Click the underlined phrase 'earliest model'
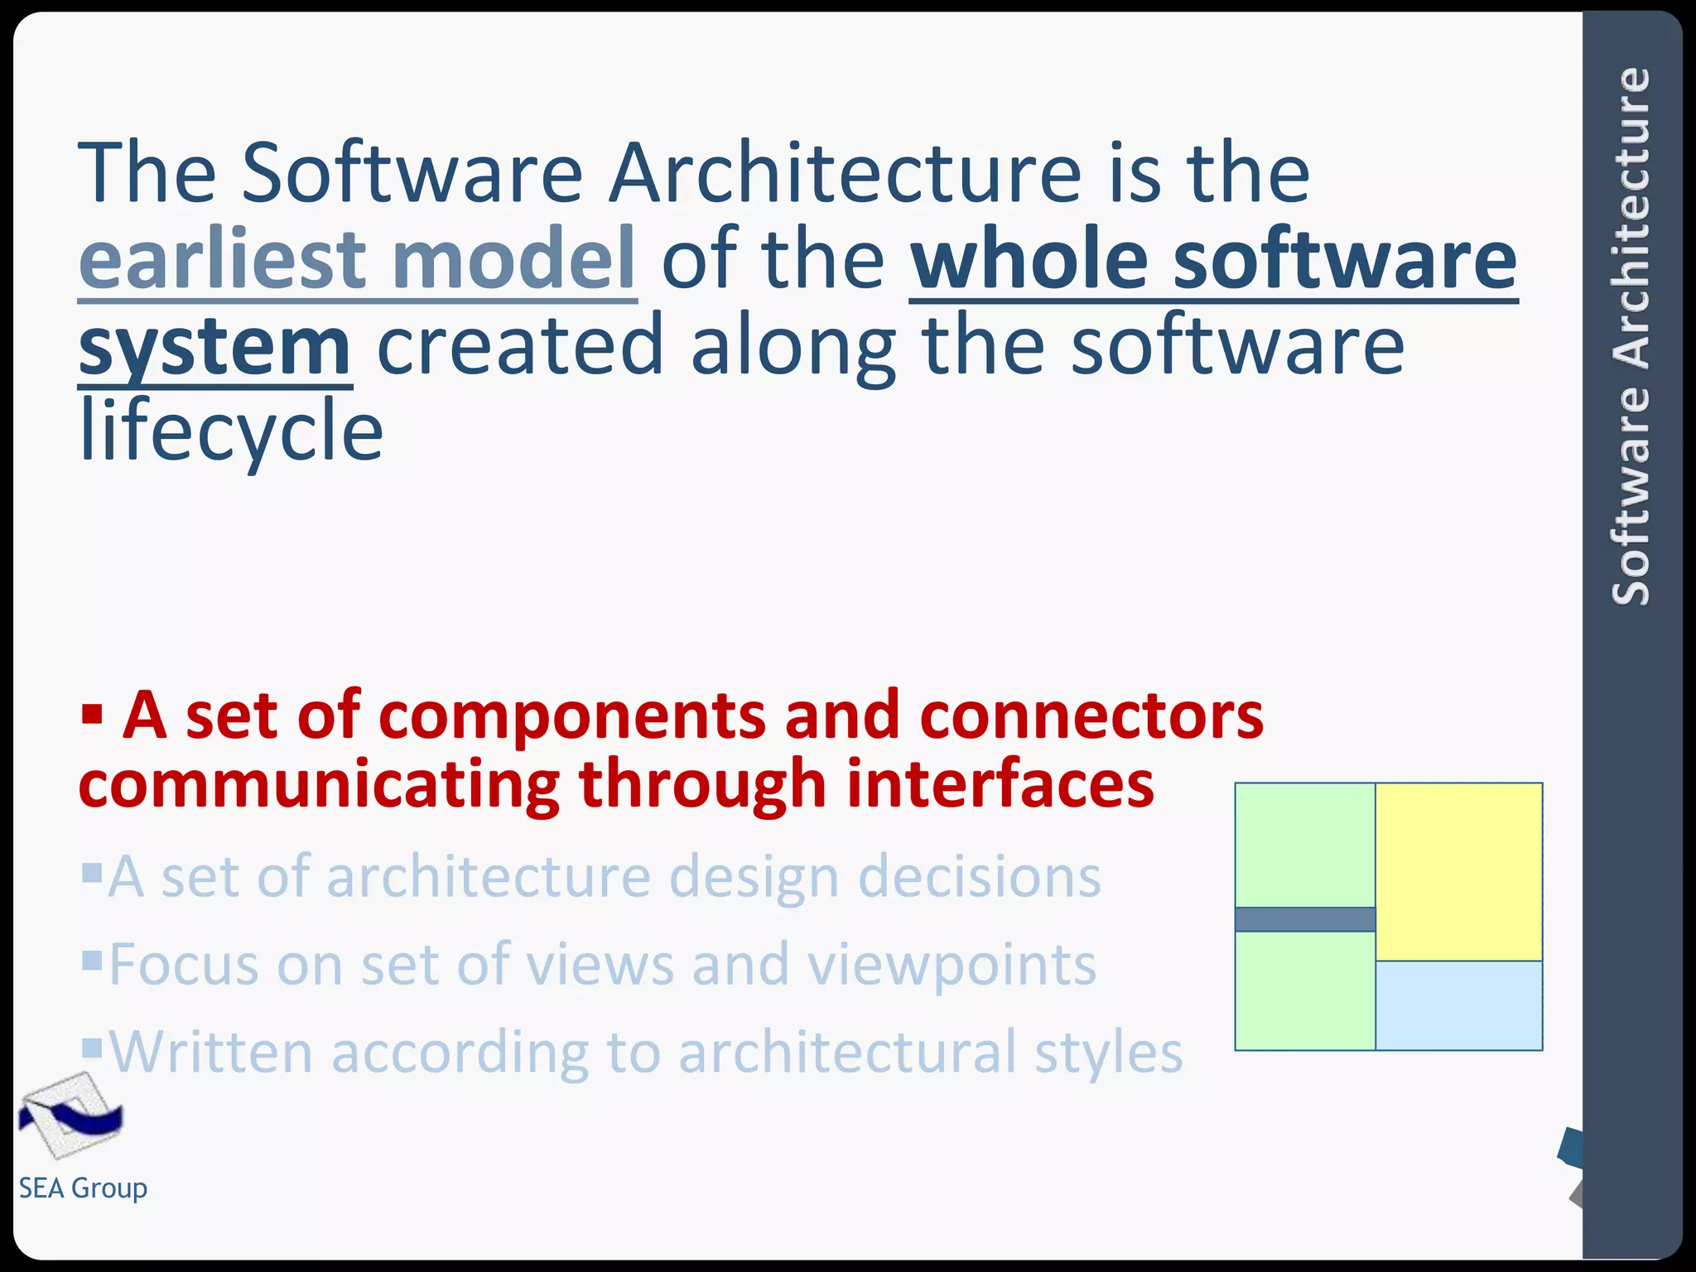pos(357,259)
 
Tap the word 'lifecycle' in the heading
pos(231,431)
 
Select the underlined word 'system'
pos(214,346)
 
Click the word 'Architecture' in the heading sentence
pos(845,173)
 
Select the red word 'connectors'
pos(1091,716)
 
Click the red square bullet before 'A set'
pos(92,713)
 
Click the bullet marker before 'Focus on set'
pos(92,960)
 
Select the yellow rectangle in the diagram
pos(1458,871)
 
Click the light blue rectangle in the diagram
pos(1458,1005)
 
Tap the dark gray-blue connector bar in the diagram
pos(1304,919)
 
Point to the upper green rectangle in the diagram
pos(1304,845)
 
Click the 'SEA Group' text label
pos(83,1188)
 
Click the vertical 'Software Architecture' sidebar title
pos(1631,335)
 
